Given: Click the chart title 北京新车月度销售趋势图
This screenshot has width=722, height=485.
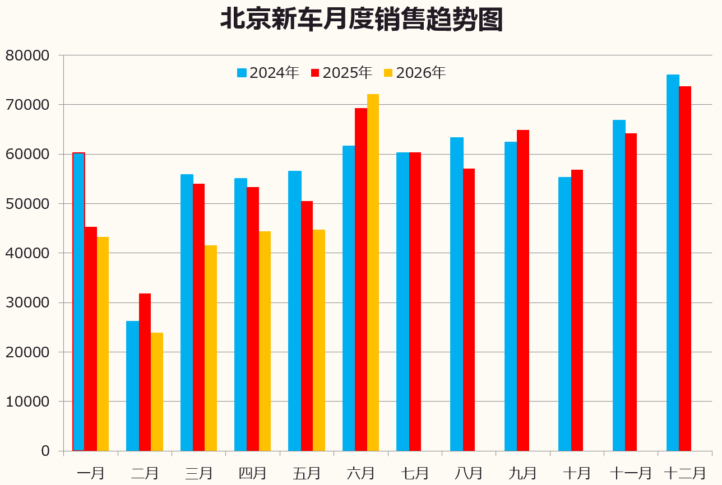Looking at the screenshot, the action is click(x=362, y=20).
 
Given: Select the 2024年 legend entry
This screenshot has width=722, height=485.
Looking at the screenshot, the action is click(x=268, y=73).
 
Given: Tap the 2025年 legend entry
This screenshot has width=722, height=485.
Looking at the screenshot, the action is click(x=341, y=73).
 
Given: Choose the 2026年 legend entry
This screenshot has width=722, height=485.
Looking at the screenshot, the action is click(x=414, y=73).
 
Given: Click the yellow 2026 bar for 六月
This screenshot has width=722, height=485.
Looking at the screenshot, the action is click(x=373, y=272).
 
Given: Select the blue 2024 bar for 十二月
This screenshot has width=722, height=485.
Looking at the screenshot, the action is click(x=673, y=263).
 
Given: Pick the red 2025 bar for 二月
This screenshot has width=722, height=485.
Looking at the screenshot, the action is click(x=145, y=372).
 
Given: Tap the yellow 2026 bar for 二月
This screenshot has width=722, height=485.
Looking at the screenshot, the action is click(x=157, y=391).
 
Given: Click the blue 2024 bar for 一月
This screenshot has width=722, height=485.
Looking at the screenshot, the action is click(x=78, y=302).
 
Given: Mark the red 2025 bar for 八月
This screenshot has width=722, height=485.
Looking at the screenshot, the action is click(x=469, y=310).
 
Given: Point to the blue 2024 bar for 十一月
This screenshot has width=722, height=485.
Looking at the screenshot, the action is click(x=619, y=285).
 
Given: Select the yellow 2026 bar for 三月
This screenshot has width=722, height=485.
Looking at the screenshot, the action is click(x=211, y=348).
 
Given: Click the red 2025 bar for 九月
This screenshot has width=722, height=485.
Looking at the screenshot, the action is click(x=523, y=291).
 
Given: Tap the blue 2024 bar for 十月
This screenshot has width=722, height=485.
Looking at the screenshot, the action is click(x=564, y=314).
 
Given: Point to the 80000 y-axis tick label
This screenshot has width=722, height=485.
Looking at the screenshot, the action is click(x=27, y=55).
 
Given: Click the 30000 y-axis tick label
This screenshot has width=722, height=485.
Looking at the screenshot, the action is click(x=27, y=303).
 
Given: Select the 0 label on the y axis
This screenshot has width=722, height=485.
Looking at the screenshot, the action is click(x=45, y=451).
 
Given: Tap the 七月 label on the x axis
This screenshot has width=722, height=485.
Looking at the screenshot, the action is click(x=415, y=473).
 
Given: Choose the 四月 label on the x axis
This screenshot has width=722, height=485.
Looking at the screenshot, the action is click(x=252, y=473).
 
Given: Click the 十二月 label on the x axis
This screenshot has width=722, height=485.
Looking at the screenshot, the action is click(x=685, y=473).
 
